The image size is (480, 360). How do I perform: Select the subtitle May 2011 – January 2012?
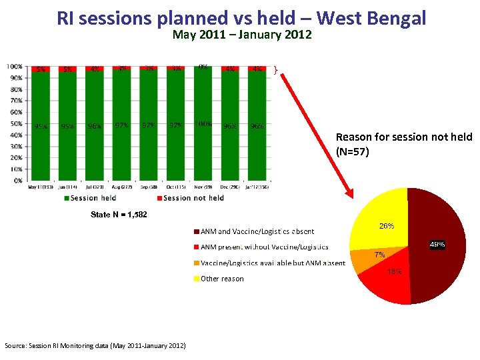(x=242, y=35)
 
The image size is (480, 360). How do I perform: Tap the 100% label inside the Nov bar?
(x=203, y=124)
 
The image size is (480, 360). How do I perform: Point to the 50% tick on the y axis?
(x=14, y=123)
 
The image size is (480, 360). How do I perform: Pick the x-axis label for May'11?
(x=41, y=187)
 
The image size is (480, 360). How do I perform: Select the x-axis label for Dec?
(x=230, y=187)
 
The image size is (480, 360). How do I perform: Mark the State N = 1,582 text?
(x=119, y=215)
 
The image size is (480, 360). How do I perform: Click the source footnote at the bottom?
(x=95, y=345)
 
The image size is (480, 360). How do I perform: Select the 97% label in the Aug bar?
(x=122, y=125)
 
